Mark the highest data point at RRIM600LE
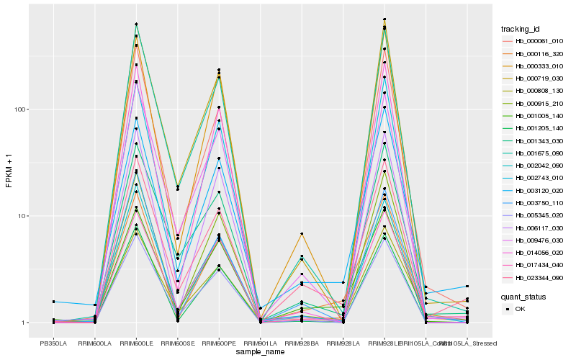pyautogui.click(x=136, y=24)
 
